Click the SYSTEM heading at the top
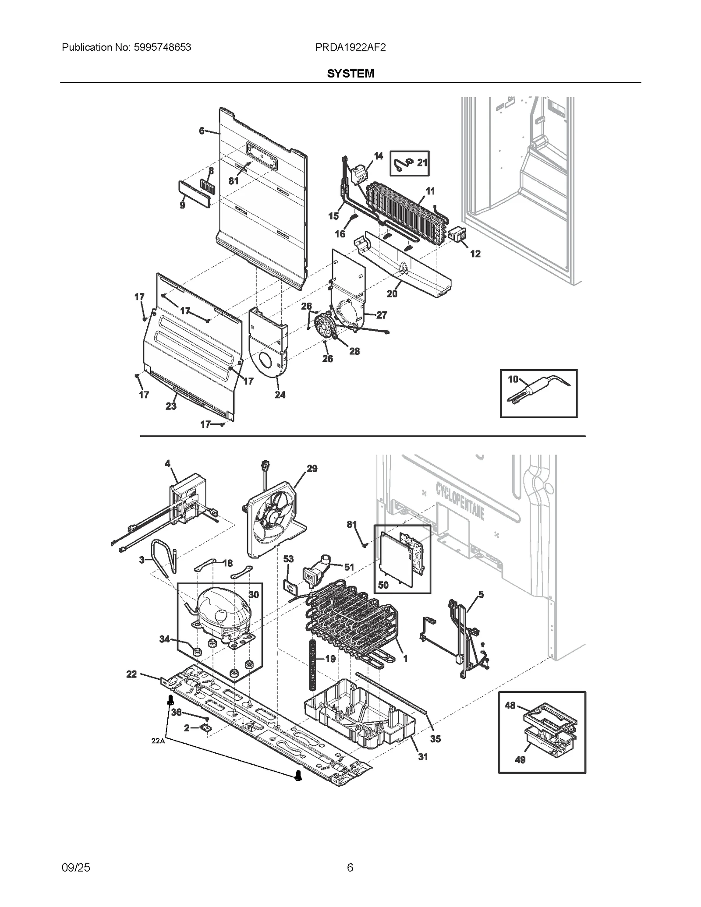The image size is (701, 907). (350, 74)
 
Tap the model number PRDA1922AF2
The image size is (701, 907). (350, 47)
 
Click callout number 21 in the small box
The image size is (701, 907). (422, 162)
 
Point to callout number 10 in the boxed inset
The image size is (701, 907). (513, 379)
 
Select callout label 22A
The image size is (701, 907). (158, 741)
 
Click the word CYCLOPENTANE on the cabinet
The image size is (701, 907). (460, 500)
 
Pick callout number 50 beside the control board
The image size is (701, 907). (383, 585)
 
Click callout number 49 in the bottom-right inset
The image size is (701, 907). (520, 759)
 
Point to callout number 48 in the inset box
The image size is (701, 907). (510, 706)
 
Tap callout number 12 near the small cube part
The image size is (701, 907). (475, 254)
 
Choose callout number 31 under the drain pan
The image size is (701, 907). (422, 757)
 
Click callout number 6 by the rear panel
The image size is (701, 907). (201, 131)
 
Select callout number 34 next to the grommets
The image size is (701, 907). (164, 639)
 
